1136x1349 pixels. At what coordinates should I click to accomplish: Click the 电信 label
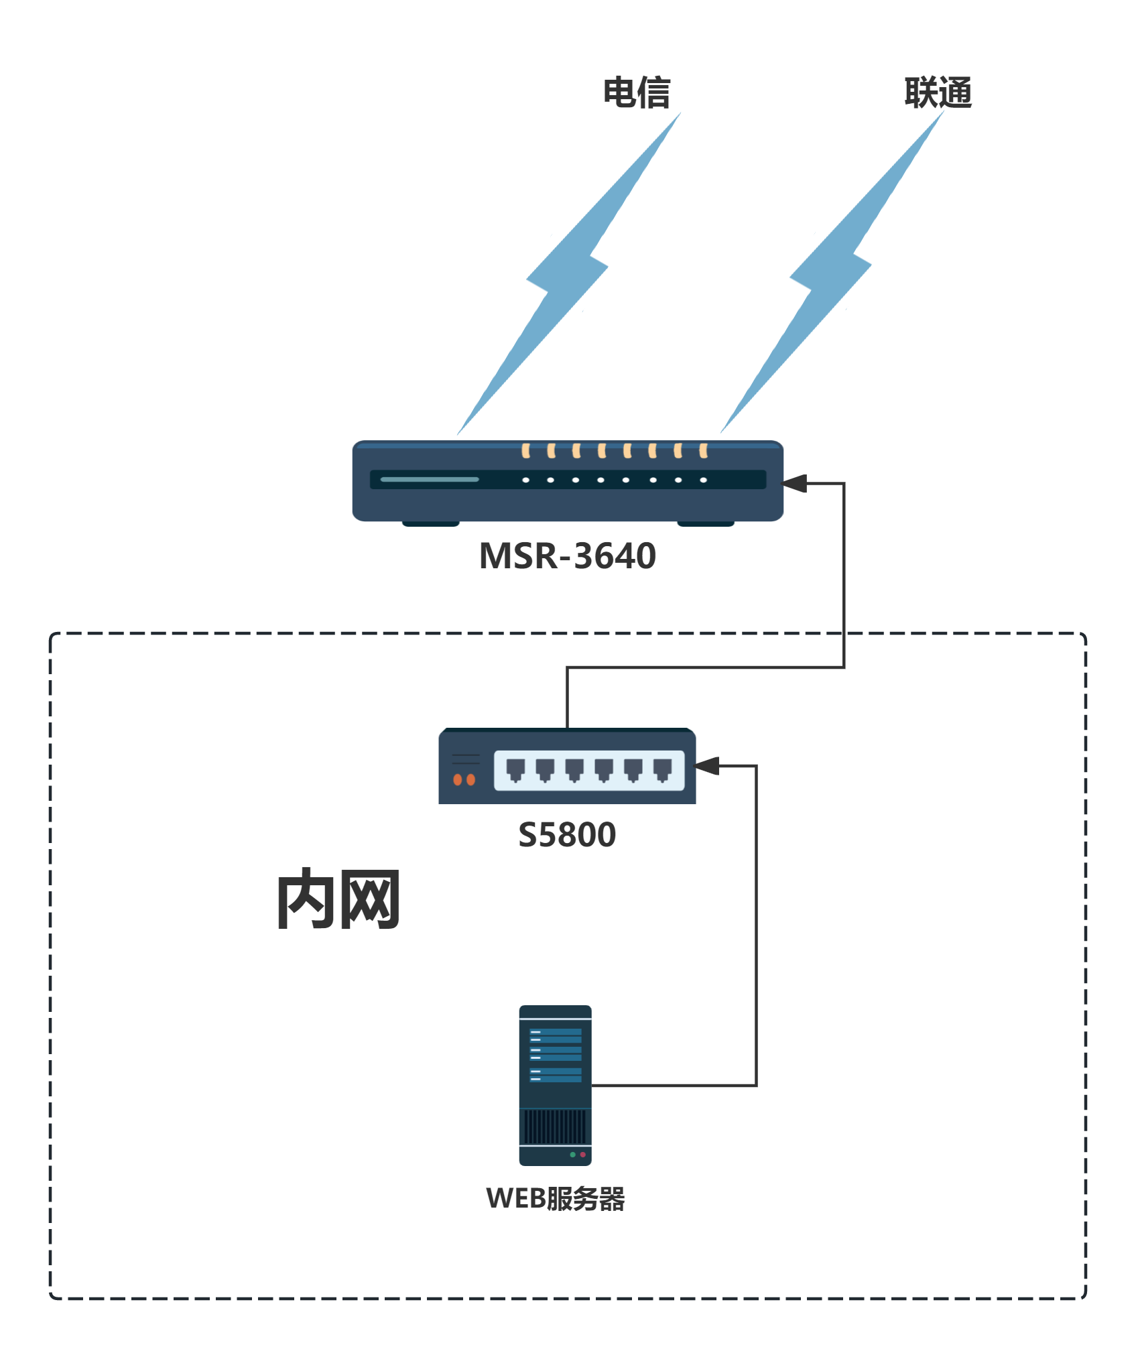(636, 92)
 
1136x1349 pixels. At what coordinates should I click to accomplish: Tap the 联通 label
(938, 92)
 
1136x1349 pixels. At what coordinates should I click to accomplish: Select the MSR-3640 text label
(567, 556)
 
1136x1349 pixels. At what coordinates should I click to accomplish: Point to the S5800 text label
(567, 835)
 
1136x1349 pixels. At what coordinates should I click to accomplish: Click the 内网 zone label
(338, 899)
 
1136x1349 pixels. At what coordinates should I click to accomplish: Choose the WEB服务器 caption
(555, 1199)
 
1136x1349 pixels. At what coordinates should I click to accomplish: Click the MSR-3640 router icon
(567, 481)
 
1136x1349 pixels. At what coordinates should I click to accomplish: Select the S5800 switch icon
(567, 767)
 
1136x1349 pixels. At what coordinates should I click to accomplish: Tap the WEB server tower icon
(555, 1085)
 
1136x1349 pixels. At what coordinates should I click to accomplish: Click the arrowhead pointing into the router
(795, 483)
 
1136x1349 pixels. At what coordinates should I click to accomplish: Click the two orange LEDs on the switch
(464, 779)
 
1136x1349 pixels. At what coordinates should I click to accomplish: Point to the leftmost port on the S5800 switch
(515, 770)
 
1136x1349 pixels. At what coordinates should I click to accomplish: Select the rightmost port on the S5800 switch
(662, 770)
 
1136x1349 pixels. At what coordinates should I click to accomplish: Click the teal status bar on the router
(430, 480)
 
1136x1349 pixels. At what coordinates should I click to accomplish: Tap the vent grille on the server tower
(555, 1127)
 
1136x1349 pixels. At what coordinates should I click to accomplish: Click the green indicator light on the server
(572, 1155)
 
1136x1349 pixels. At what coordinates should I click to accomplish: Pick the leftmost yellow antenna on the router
(526, 450)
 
